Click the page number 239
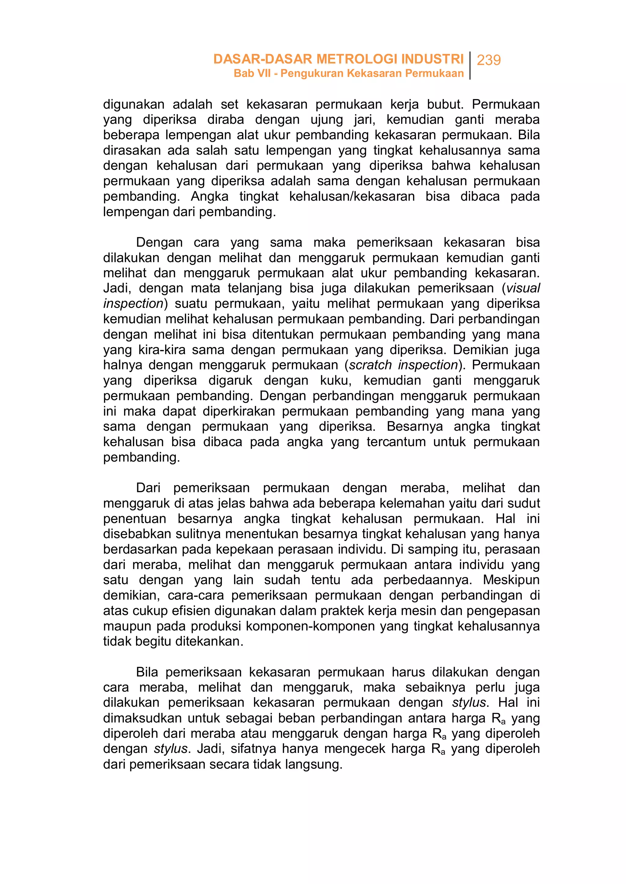pyautogui.click(x=488, y=60)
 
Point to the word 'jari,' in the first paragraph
pyautogui.click(x=365, y=119)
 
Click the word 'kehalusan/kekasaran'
pyautogui.click(x=352, y=196)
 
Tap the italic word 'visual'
pyautogui.click(x=523, y=288)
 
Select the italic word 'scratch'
pyautogui.click(x=370, y=365)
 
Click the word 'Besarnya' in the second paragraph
pyautogui.click(x=415, y=426)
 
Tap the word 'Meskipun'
pyautogui.click(x=511, y=580)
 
